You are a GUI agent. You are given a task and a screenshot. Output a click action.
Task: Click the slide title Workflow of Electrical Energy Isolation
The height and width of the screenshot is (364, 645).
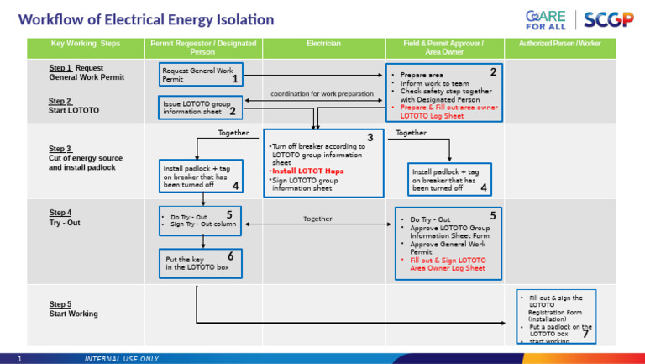click(146, 19)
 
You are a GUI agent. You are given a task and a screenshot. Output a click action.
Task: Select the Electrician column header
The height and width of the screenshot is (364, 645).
click(323, 43)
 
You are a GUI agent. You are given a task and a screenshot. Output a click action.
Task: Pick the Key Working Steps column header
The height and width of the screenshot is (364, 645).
click(85, 43)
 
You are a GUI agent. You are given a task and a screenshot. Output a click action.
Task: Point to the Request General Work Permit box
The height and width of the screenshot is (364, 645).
click(201, 75)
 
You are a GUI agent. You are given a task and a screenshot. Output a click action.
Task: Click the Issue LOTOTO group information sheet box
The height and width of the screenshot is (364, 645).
click(201, 107)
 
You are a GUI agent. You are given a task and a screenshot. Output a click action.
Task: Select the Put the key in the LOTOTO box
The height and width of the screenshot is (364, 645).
click(201, 263)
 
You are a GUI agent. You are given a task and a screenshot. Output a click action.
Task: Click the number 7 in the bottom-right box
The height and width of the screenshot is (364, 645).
click(585, 335)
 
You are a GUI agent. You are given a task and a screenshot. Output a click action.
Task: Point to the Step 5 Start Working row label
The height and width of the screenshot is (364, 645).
click(73, 309)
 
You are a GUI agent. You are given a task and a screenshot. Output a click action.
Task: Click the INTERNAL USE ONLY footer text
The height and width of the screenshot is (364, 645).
click(121, 359)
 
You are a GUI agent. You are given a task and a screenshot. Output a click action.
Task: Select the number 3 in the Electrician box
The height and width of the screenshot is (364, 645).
click(370, 138)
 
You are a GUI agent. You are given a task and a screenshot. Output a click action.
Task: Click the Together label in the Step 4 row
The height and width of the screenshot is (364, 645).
click(317, 219)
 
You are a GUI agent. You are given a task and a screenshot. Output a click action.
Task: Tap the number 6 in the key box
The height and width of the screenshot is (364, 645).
click(230, 256)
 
